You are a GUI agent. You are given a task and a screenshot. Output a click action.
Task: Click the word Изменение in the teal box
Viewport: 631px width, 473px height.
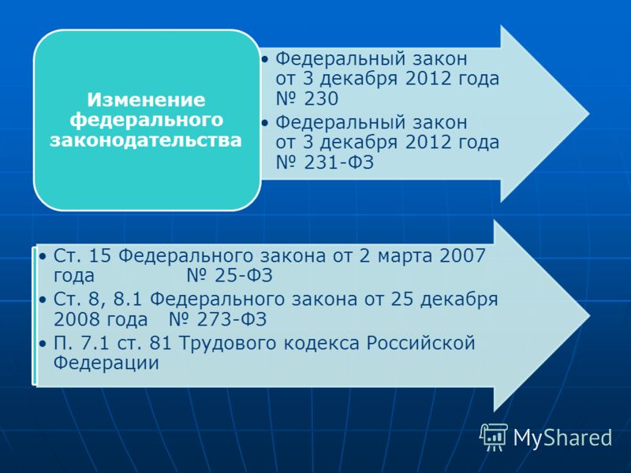click(146, 100)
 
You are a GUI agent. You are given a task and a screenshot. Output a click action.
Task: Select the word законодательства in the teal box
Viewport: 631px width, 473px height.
click(146, 140)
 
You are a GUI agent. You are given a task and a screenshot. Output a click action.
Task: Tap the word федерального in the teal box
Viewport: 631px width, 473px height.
click(146, 120)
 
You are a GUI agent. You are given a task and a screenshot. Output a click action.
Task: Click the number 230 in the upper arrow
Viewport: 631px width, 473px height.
click(321, 99)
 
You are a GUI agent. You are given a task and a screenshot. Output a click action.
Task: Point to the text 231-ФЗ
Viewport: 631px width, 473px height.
click(339, 162)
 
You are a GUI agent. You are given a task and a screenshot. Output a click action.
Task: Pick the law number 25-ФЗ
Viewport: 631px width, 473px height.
click(244, 275)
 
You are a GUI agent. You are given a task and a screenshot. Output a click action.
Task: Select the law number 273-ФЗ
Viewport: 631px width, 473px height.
click(232, 319)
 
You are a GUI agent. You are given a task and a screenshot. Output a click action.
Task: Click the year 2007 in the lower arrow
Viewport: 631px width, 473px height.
click(462, 255)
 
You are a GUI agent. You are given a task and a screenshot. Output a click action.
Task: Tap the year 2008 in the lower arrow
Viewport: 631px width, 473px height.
click(77, 319)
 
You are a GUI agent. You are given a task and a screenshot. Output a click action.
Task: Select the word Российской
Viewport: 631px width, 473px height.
click(420, 343)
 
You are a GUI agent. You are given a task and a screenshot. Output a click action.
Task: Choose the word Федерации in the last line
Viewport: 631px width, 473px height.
click(106, 363)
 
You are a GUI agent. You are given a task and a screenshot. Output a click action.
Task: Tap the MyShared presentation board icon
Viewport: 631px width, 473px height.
click(494, 437)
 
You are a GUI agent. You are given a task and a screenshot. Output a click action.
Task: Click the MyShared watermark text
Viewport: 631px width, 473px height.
click(562, 438)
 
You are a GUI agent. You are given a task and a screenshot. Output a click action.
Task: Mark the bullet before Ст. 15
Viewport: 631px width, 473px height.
click(43, 256)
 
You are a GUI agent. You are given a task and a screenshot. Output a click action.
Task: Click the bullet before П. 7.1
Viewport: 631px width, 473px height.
click(43, 344)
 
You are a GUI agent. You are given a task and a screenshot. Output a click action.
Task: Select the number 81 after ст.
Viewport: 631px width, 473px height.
click(160, 343)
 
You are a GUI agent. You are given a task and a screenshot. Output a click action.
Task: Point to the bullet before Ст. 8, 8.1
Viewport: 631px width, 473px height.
click(43, 300)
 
